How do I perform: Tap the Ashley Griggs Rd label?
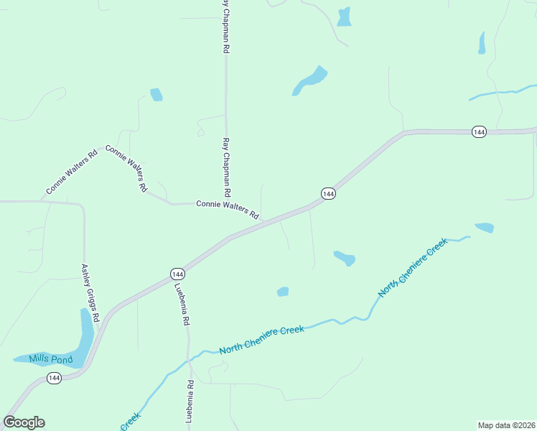[90, 292]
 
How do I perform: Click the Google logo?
[24, 422]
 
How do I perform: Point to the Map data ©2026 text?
[506, 425]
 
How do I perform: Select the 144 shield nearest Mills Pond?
[55, 378]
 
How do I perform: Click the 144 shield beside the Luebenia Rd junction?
[178, 274]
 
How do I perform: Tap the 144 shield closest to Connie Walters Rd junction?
[327, 194]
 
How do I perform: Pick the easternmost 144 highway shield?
[480, 131]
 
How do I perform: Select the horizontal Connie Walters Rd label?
[227, 208]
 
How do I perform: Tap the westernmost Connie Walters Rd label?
[71, 172]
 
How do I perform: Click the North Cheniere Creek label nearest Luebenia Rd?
[261, 339]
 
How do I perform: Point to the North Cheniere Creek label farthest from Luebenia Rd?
[413, 267]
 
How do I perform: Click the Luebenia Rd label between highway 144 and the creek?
[181, 305]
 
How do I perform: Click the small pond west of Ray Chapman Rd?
[156, 94]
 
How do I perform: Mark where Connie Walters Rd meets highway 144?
[264, 221]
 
